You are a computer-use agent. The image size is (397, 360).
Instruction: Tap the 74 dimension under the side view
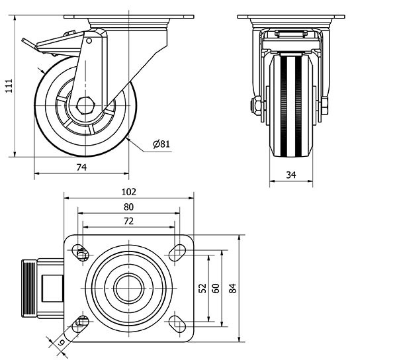pos(81,167)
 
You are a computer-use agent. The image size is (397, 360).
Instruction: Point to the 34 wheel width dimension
pos(292,175)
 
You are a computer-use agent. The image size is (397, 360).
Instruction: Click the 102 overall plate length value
pos(128,192)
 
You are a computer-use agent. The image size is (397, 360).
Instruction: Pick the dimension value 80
pos(128,206)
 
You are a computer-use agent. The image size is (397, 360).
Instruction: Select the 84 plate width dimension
pos(232,288)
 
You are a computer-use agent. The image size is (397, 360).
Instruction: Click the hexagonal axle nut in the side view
pos(85,105)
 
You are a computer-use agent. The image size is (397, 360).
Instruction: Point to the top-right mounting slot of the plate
pos(177,252)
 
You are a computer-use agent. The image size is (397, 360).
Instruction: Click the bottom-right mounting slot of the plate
pos(177,324)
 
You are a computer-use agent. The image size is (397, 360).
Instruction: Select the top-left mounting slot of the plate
pos(81,253)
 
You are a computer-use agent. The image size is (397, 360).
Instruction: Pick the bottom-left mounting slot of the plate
pos(81,324)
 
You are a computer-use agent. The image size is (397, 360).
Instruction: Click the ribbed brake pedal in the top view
pos(30,289)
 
